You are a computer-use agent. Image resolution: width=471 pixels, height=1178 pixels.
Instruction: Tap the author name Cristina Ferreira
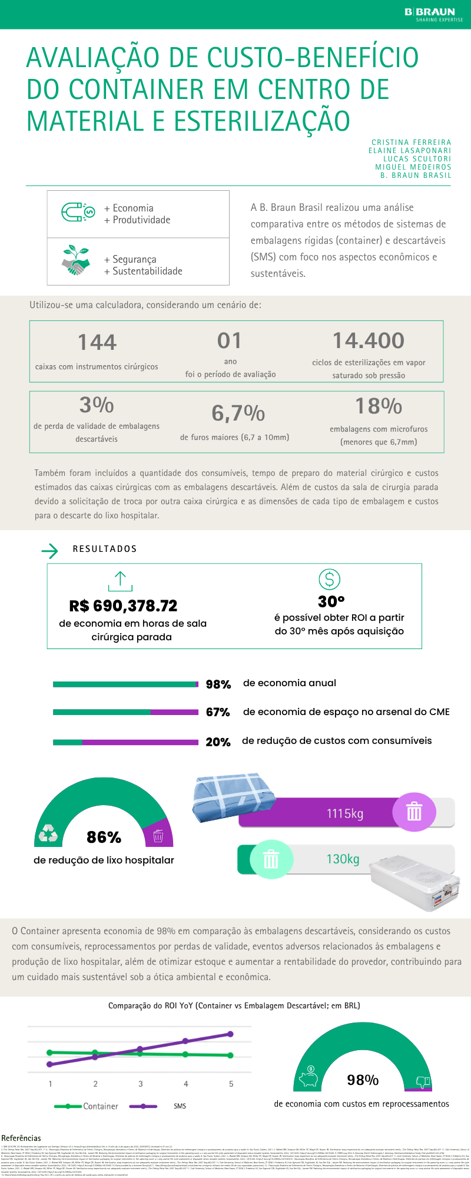click(x=411, y=143)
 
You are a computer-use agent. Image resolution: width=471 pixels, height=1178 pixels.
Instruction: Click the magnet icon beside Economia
click(x=78, y=212)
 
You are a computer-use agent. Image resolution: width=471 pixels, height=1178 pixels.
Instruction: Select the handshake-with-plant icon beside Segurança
click(x=76, y=260)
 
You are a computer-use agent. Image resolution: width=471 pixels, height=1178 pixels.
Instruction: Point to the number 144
click(x=97, y=342)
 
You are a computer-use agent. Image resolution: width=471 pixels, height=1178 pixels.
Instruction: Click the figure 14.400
click(x=369, y=340)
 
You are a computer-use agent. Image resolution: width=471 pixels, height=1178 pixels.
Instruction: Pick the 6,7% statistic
click(x=238, y=413)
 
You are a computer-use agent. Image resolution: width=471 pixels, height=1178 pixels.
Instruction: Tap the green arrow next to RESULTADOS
click(x=50, y=551)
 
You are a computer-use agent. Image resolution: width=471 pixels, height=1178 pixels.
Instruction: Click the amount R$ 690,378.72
click(x=123, y=605)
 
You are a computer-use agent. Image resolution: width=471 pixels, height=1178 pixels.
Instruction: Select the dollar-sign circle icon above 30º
click(x=330, y=580)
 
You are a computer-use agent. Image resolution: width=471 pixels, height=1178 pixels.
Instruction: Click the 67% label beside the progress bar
click(x=218, y=712)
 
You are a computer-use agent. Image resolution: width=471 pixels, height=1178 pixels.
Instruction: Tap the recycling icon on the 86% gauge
click(x=48, y=833)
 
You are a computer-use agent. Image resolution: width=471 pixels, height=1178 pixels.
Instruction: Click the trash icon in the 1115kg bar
click(x=414, y=812)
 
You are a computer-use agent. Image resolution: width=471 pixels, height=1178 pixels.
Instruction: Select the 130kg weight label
click(x=343, y=859)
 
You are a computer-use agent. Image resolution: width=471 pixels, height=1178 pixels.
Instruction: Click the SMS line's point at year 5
click(x=231, y=1034)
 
